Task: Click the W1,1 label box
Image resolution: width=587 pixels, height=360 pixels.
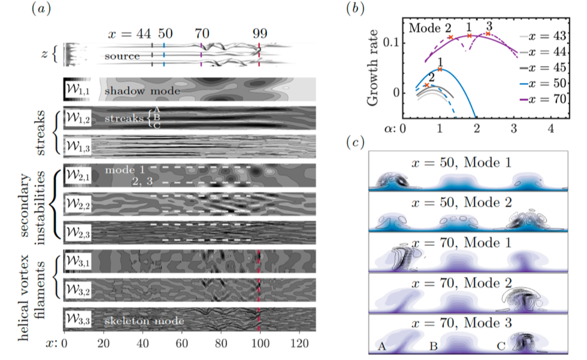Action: [x=78, y=90]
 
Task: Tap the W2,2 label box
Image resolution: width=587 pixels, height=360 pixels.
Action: [x=78, y=204]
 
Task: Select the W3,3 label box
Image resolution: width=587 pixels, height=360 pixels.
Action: [x=78, y=319]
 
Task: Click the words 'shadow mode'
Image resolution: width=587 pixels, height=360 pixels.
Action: [x=142, y=92]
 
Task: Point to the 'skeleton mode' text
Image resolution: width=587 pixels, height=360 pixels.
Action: [x=144, y=321]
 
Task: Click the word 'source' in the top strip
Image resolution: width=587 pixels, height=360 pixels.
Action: [x=122, y=56]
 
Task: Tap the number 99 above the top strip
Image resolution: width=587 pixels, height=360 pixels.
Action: [x=260, y=33]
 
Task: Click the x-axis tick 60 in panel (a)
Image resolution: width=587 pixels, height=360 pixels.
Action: [x=182, y=343]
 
